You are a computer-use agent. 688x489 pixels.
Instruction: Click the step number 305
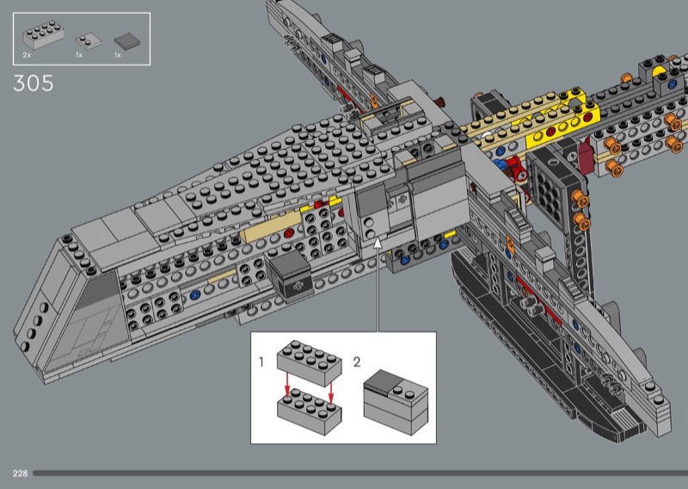coord(34,83)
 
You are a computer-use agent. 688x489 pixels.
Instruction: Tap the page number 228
coord(20,474)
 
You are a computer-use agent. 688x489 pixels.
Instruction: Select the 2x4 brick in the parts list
coord(44,34)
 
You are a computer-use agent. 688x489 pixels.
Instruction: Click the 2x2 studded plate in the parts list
coord(89,40)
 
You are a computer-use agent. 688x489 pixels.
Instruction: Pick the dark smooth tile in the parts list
coord(127,41)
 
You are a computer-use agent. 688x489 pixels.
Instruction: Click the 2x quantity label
coord(28,55)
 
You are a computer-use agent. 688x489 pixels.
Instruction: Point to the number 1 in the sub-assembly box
coord(261,362)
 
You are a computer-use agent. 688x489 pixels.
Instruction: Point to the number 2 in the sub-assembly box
coord(357,362)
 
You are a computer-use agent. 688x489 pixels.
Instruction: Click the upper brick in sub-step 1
coord(310,363)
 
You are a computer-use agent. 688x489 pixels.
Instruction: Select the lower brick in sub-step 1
coord(310,412)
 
